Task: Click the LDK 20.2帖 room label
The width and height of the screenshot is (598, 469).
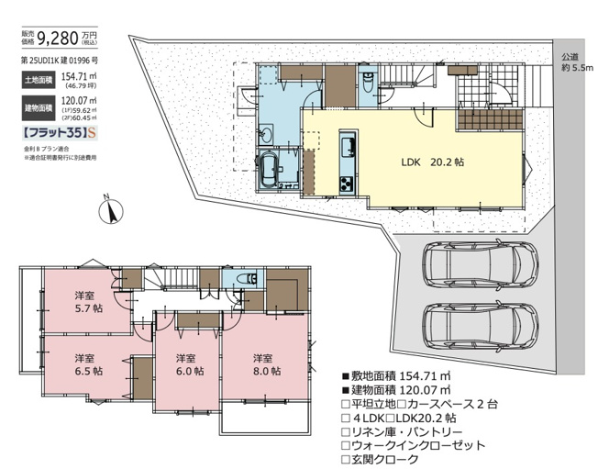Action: tap(431, 162)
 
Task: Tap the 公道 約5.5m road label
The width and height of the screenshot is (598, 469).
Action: tap(577, 62)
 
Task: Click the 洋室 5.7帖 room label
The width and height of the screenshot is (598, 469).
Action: tap(87, 302)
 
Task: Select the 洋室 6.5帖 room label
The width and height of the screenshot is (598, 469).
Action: tap(87, 363)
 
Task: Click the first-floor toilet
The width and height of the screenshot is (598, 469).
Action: tap(366, 80)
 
